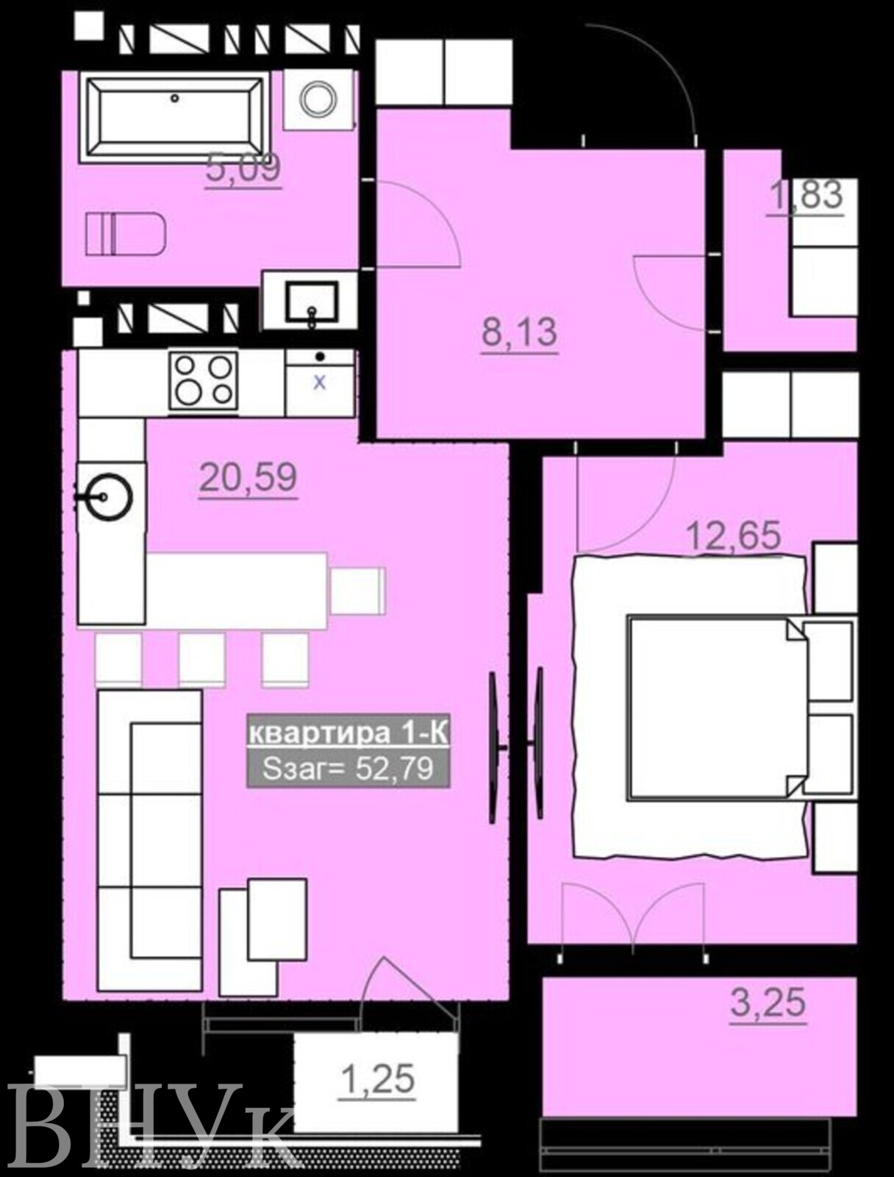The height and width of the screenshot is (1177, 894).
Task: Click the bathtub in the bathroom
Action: [174, 117]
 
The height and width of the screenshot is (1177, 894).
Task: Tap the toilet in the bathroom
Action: [125, 234]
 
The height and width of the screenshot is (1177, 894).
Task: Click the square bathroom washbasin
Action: [312, 302]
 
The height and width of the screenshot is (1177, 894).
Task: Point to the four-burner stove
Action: [204, 382]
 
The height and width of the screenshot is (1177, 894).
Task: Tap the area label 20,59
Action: [248, 478]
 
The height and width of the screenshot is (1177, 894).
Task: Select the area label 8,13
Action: [520, 333]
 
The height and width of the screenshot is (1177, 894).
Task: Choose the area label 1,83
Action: [806, 195]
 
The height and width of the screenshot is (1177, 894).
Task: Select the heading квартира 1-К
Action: [348, 734]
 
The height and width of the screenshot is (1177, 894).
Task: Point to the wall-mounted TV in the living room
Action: [494, 749]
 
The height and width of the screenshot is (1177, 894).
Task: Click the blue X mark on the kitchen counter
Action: [320, 383]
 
